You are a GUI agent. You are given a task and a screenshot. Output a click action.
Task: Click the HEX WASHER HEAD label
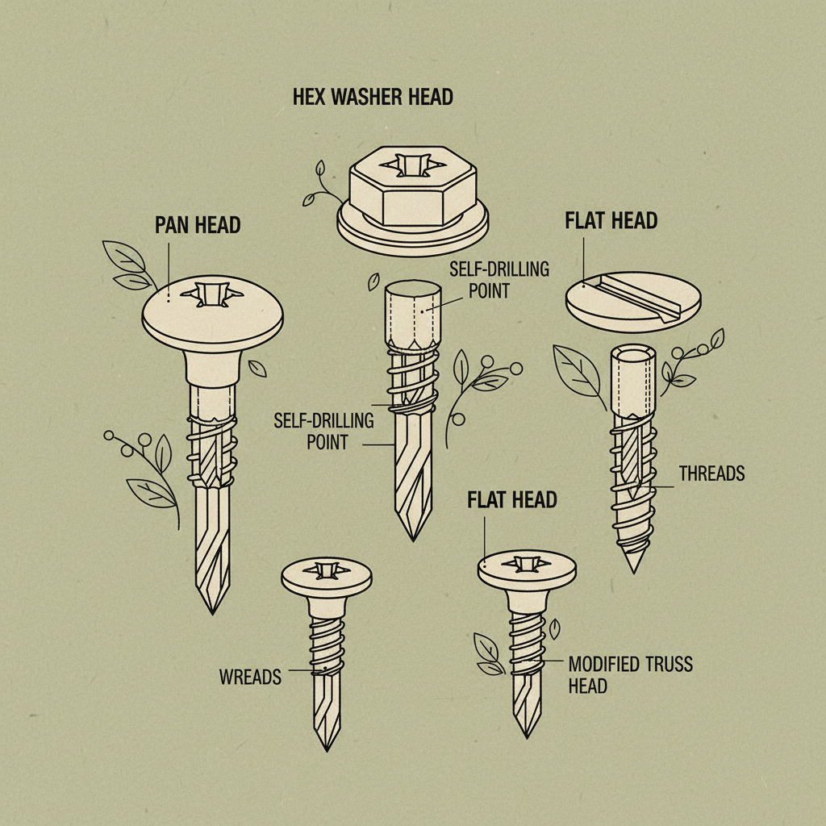(x=372, y=98)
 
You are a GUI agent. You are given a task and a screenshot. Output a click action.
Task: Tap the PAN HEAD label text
(x=198, y=224)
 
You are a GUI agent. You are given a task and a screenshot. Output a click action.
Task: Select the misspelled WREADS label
(x=250, y=677)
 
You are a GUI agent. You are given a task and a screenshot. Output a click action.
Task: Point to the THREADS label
(x=711, y=473)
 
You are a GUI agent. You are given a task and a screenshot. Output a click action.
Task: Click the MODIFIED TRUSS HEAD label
(x=630, y=674)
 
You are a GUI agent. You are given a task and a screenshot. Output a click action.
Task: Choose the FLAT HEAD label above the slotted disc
(x=611, y=220)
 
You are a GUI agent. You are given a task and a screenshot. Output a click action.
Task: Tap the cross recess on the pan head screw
(x=211, y=294)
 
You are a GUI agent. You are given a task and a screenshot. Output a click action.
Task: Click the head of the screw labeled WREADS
(x=326, y=575)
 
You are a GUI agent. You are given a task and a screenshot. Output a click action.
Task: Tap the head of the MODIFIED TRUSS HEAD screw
(x=528, y=567)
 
